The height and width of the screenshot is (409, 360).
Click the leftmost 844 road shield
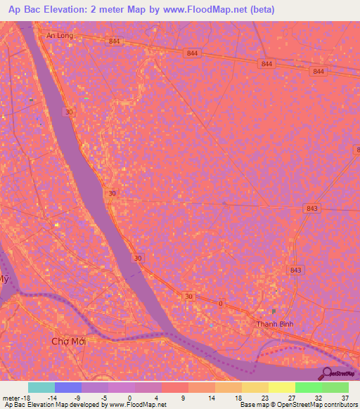115,42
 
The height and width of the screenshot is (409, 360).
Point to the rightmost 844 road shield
319,72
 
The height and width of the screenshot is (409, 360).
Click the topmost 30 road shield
67,112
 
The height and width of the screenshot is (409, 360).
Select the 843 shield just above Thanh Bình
295,270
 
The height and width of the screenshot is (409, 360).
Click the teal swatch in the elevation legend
41,387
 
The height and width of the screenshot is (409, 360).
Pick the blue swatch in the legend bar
68,387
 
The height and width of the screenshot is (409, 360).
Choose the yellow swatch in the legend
281,387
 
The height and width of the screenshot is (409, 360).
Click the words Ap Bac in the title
24,9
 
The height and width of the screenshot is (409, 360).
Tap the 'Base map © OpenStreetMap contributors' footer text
297,405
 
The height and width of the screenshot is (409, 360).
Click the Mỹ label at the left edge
4,280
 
